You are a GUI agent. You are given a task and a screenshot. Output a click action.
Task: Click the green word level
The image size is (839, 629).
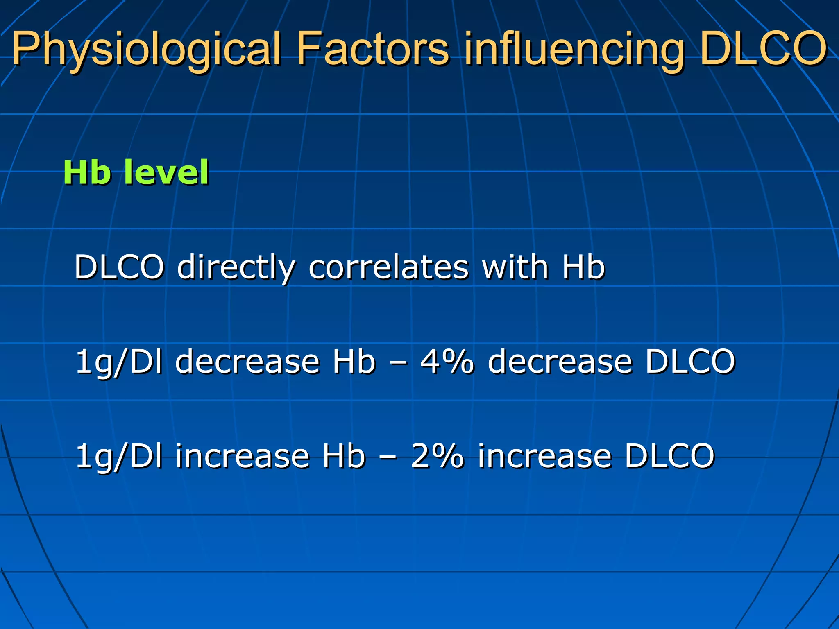pos(166,172)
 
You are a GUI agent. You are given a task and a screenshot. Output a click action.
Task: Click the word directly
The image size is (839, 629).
pos(236,267)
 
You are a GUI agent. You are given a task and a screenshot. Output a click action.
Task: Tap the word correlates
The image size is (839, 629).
pos(388,267)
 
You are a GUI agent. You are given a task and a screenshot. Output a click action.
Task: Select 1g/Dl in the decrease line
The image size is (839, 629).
pos(119,362)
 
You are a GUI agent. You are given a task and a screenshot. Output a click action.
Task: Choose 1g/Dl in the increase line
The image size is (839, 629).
pos(119,457)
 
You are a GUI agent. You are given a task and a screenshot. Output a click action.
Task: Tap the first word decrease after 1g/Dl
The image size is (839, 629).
pos(247,362)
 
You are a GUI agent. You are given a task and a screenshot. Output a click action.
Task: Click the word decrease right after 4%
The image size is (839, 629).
pos(560,362)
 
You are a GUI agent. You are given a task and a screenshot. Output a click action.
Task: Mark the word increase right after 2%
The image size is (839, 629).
pos(545,456)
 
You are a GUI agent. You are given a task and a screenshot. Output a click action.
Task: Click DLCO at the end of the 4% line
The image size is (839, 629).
pos(691,362)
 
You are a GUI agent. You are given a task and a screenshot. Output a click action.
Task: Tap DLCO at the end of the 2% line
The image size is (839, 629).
pos(670,456)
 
